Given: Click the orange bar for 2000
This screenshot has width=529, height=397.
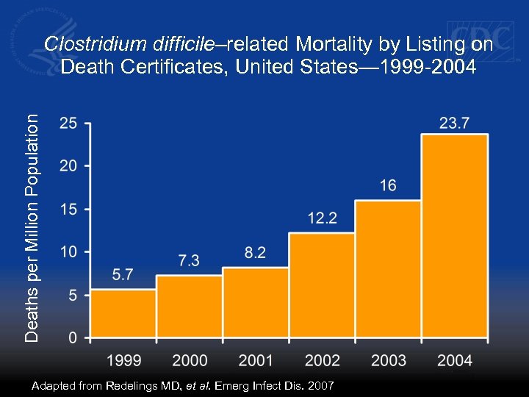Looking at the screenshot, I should (x=190, y=307).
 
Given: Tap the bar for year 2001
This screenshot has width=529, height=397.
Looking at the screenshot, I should (x=256, y=302).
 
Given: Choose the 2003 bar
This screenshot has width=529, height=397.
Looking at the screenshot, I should (x=388, y=269).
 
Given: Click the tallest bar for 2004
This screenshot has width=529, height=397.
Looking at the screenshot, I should (x=454, y=236).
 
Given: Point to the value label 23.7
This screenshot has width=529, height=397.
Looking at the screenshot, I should (x=454, y=124).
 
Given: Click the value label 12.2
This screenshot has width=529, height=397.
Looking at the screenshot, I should (x=323, y=218).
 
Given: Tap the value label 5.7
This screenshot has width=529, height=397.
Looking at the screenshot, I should (x=123, y=275).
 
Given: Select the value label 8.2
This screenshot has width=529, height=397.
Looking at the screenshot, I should (x=255, y=253).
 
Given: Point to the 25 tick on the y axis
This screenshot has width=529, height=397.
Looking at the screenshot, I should (x=68, y=124).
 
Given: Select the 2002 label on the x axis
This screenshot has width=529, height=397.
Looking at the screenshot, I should (x=322, y=360).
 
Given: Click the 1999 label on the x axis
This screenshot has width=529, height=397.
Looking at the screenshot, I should (x=123, y=360).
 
